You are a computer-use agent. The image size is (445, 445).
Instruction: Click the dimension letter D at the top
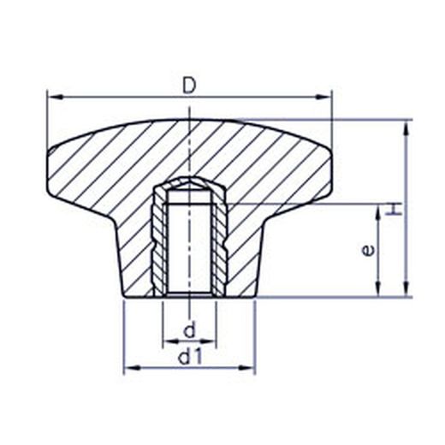[189, 86]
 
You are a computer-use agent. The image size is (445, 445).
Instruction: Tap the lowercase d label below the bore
[190, 329]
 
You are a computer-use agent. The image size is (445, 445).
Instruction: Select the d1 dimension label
[190, 357]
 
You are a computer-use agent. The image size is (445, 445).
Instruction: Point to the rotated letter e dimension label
[368, 250]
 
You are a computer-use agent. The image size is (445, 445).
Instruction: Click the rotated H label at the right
[394, 210]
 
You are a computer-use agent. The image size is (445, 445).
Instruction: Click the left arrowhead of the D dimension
[56, 97]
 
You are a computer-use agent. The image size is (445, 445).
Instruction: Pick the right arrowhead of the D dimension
[323, 97]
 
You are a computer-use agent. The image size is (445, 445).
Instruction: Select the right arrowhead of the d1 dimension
[246, 368]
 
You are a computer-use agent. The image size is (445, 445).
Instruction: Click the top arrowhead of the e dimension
[378, 213]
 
